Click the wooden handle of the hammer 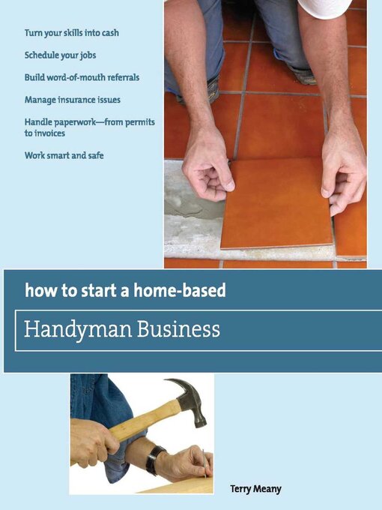[139, 420]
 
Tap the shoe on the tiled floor [300, 74]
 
